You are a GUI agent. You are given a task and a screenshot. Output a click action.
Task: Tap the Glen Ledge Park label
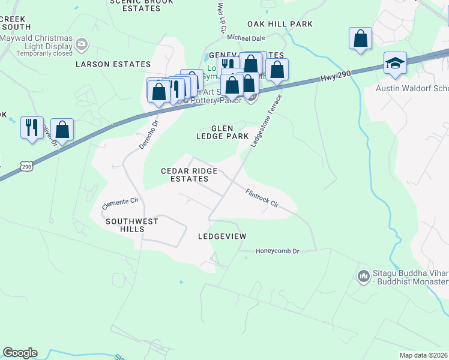[x=222, y=132]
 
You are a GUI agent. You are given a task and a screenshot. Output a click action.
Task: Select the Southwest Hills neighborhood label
[x=132, y=225]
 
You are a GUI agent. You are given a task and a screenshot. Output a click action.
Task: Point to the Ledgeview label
[x=222, y=236]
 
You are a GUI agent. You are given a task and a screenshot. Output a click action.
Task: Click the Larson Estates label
[x=113, y=64]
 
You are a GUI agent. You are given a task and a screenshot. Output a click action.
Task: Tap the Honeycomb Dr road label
[x=277, y=251]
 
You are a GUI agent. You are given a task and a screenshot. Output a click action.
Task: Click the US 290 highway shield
[x=26, y=166]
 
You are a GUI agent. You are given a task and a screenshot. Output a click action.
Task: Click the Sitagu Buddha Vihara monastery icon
[x=363, y=276]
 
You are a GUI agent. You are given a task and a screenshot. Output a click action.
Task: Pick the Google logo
[x=20, y=353]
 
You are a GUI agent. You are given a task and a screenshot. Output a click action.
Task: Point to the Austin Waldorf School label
[x=412, y=88]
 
